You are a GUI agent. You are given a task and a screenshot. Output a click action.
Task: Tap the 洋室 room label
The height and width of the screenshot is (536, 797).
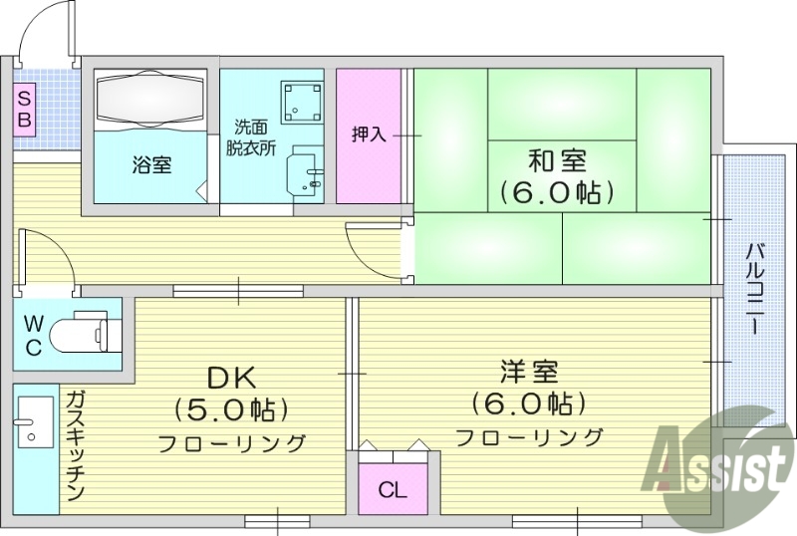[x=529, y=373]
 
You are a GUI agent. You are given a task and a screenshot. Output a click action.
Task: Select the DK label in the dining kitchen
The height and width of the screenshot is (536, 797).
[x=231, y=377]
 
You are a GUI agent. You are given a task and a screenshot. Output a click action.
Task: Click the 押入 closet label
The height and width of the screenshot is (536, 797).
[x=369, y=134]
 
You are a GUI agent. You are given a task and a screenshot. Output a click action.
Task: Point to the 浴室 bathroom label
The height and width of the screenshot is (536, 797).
[x=151, y=165]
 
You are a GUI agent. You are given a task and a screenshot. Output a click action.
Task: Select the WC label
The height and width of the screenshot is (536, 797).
[x=33, y=335]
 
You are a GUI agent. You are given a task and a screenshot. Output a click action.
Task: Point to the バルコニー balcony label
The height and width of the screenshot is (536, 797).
[x=754, y=289]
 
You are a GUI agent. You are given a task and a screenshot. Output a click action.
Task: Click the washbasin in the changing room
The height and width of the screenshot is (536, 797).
[x=306, y=173]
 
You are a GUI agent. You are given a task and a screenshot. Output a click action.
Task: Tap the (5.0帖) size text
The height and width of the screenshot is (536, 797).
[x=231, y=408]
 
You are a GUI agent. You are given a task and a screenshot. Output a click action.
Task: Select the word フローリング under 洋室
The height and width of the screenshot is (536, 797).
[x=530, y=436]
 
